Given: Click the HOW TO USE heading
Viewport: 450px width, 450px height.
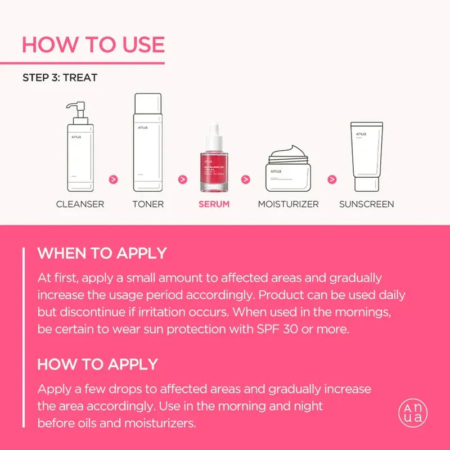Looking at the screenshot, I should (93, 44).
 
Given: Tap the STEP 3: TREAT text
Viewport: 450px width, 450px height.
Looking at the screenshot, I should (60, 78).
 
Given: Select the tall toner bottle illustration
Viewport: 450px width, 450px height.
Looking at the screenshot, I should (148, 143).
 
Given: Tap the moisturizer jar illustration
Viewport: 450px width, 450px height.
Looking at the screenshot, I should (288, 169).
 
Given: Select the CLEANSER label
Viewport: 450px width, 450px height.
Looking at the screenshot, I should (80, 204).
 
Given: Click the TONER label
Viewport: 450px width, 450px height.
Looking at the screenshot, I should (148, 204).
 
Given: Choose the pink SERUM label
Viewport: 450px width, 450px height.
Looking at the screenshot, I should (214, 204).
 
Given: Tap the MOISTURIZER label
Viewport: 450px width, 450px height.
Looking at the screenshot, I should (288, 204).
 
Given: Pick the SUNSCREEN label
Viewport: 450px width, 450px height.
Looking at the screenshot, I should (366, 204).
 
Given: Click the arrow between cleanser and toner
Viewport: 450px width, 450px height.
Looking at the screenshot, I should (114, 179).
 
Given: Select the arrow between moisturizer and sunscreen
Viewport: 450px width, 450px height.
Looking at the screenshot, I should (332, 179).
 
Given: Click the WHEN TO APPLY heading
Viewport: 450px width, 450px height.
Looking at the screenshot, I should (102, 253).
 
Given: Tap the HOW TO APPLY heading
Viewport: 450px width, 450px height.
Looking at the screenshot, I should (97, 364).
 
